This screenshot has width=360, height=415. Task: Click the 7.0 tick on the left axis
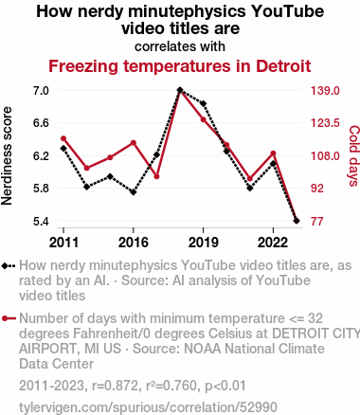pyautogui.click(x=41, y=91)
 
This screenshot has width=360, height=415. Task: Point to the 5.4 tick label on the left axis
pyautogui.click(x=41, y=222)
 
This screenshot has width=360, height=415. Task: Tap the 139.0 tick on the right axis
pyautogui.click(x=325, y=91)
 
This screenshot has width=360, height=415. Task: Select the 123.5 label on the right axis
pyautogui.click(x=325, y=123)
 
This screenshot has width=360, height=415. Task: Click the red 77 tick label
pyautogui.click(x=316, y=222)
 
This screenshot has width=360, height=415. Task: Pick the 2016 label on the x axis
pyautogui.click(x=134, y=243)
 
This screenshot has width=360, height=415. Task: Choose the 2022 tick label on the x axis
pyautogui.click(x=273, y=243)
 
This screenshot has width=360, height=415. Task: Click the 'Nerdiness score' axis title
pyautogui.click(x=7, y=155)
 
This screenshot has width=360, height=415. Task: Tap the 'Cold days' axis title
pyautogui.click(x=353, y=155)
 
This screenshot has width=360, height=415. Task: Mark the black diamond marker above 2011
pyautogui.click(x=63, y=148)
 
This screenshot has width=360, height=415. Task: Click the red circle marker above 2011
pyautogui.click(x=63, y=138)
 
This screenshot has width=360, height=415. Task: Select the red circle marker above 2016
pyautogui.click(x=134, y=143)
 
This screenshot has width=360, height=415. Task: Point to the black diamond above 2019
pyautogui.click(x=204, y=103)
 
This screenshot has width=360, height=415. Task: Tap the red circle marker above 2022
pyautogui.click(x=273, y=153)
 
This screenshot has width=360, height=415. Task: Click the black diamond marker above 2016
pyautogui.click(x=134, y=192)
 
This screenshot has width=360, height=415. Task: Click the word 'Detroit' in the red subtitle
pyautogui.click(x=283, y=66)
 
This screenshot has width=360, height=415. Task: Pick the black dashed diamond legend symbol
pyautogui.click(x=9, y=265)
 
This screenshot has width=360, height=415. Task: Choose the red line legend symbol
pyautogui.click(x=9, y=318)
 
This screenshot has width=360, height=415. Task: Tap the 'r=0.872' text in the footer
pyautogui.click(x=115, y=386)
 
